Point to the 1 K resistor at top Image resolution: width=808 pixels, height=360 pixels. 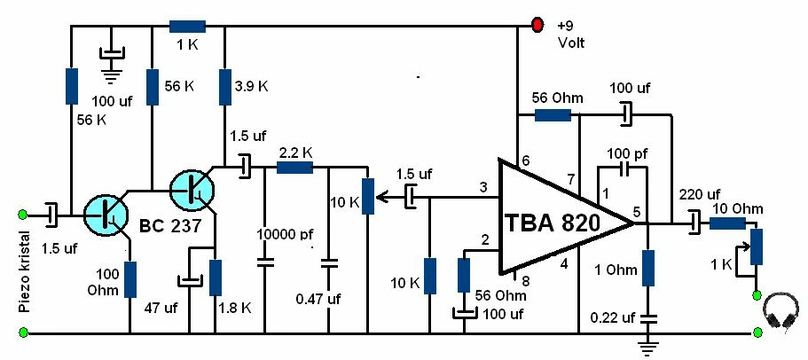pyautogui.click(x=187, y=26)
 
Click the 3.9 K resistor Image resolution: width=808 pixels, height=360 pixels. pyautogui.click(x=225, y=88)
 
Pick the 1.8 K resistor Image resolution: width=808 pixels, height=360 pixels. pyautogui.click(x=214, y=278)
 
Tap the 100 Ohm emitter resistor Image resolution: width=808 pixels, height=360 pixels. pyautogui.click(x=130, y=279)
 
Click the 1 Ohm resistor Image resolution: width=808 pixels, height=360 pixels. pyautogui.click(x=648, y=268)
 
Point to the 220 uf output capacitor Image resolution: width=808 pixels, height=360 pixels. pyautogui.click(x=694, y=223)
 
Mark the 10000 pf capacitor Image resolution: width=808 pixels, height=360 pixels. pyautogui.click(x=263, y=262)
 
